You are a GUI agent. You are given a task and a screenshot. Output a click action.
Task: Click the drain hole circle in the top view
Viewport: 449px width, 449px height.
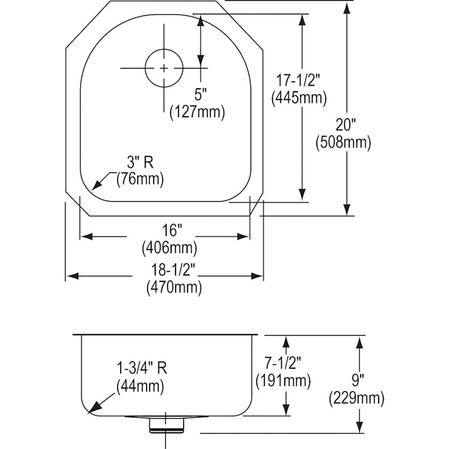(164, 68)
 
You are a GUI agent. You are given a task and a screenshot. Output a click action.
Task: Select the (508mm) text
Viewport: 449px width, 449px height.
(343, 143)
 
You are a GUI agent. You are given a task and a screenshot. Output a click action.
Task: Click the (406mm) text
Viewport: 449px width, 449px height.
(169, 247)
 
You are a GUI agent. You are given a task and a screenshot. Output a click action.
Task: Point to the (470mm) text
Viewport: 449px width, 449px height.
(174, 288)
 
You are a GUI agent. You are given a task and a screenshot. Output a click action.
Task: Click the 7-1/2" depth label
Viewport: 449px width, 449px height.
(283, 363)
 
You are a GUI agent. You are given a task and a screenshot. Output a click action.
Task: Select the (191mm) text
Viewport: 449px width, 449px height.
(283, 381)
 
